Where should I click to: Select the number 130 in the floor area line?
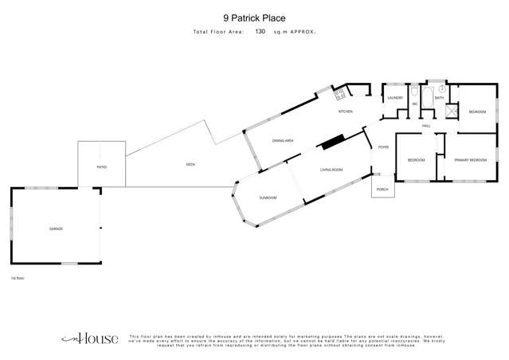coord(260,32)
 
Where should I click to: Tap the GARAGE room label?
coord(56,229)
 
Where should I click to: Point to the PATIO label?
coord(101,167)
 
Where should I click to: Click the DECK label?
coord(190,165)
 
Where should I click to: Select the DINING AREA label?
coord(284,140)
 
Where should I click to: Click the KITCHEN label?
coord(345,112)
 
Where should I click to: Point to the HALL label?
coord(426,126)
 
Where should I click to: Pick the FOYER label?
coord(383,147)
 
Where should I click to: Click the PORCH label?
coord(382,190)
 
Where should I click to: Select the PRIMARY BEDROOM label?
coord(470,160)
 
